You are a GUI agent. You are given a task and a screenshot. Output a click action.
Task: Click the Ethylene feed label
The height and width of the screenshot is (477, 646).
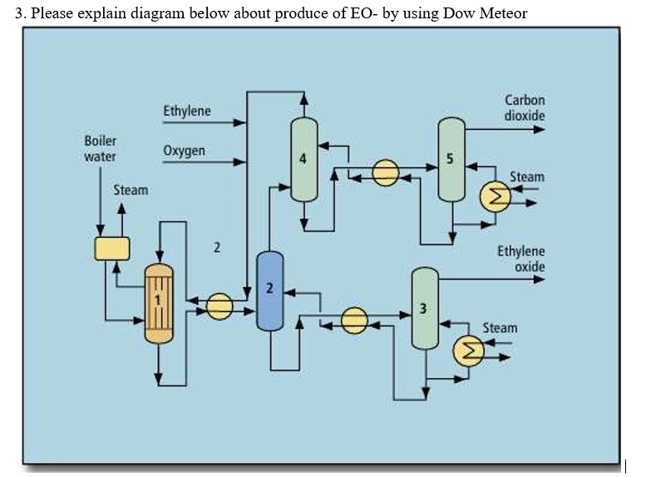tap(187, 111)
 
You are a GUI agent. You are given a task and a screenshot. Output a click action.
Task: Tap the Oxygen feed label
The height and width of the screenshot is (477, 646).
tap(184, 151)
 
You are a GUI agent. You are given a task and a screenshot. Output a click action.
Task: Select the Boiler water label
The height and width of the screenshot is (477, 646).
tap(101, 148)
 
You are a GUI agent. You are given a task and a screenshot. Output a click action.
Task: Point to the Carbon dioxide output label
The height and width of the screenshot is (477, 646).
tap(524, 107)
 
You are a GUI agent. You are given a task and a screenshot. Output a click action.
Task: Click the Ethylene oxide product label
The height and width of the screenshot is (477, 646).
tap(521, 258)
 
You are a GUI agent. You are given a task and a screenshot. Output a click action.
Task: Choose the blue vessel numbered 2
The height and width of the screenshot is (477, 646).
tap(269, 291)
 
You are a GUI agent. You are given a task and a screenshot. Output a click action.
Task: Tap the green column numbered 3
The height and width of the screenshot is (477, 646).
tap(424, 308)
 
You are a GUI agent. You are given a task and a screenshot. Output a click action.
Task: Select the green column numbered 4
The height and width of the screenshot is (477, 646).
tap(303, 160)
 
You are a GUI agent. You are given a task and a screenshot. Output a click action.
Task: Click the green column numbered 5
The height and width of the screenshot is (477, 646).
tap(451, 160)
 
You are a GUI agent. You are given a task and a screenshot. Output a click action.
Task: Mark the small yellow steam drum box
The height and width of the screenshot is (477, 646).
tap(112, 248)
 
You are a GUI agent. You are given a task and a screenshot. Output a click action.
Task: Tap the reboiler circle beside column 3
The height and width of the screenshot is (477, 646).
tap(467, 351)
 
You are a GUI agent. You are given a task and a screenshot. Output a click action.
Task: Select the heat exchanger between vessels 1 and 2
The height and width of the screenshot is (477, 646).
tap(219, 306)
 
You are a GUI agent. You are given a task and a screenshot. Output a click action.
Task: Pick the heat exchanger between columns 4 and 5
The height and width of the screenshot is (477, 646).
tap(386, 173)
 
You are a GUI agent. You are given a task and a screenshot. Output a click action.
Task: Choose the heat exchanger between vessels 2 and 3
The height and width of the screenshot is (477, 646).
tap(355, 320)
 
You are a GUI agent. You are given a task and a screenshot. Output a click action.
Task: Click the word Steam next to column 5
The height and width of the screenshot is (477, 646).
tap(527, 176)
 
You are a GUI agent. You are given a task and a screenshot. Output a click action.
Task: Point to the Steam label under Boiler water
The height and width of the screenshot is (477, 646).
tap(131, 190)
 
